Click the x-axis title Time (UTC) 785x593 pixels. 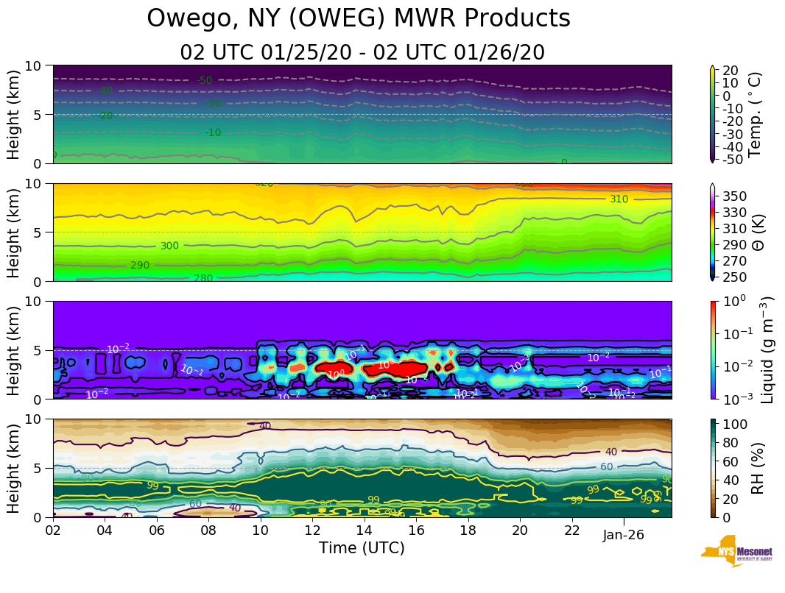[x=362, y=548]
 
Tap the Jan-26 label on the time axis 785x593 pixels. [x=623, y=535]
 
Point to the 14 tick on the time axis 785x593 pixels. [x=364, y=530]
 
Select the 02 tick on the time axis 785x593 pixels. [x=53, y=530]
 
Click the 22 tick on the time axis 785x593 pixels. [x=571, y=530]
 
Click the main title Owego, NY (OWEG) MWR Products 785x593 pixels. [x=359, y=18]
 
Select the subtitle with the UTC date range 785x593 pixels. [x=362, y=52]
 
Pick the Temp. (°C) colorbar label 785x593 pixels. [x=755, y=114]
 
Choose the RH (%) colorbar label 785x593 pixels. [x=756, y=468]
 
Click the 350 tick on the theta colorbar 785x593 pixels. [x=735, y=196]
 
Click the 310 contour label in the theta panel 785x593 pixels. [x=619, y=199]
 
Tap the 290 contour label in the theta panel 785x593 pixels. [x=140, y=265]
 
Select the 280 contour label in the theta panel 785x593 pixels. [x=203, y=278]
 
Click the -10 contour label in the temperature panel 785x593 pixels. [x=213, y=132]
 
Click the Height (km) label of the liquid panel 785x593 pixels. [x=14, y=349]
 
